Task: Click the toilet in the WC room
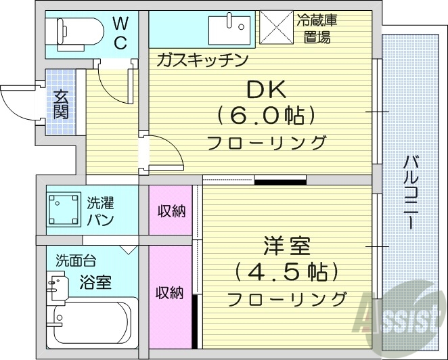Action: [x=74, y=31]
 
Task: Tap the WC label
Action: [x=119, y=33]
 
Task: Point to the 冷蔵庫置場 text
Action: [x=315, y=29]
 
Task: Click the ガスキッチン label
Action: [x=201, y=60]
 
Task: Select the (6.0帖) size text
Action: [x=266, y=116]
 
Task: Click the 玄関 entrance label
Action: [x=61, y=104]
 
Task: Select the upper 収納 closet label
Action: [x=171, y=211]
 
